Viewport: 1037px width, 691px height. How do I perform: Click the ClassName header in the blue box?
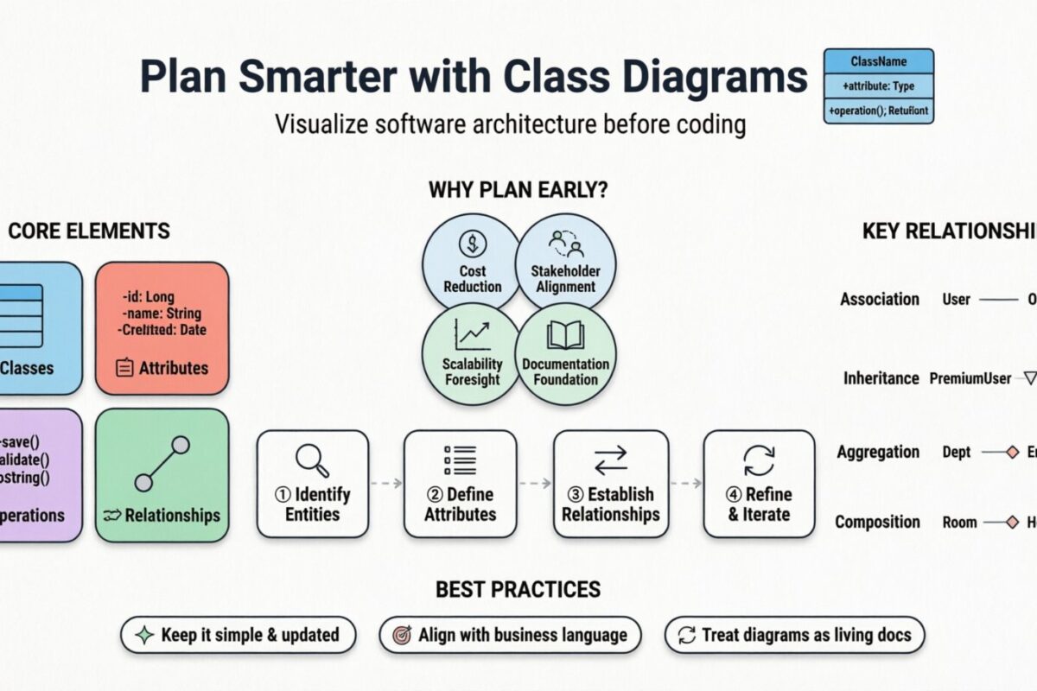878,61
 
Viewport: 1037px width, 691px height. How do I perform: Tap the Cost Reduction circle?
472,263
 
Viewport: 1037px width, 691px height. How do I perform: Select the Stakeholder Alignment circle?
565,263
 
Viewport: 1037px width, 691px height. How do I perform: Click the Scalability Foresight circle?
472,355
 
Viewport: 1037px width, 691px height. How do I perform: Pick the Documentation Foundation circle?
565,355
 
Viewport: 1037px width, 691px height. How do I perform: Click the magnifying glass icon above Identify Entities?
312,460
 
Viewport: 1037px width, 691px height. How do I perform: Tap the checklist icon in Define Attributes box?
460,460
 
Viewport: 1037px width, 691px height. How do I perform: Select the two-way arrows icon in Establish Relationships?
610,460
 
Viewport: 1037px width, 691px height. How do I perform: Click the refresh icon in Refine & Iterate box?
759,460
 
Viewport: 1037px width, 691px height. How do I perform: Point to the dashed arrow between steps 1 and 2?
385,484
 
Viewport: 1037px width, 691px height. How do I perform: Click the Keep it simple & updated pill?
238,635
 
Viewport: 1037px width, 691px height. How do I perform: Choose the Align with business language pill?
510,635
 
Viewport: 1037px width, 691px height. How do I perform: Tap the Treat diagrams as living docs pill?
794,635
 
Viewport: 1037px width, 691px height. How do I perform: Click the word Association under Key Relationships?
879,299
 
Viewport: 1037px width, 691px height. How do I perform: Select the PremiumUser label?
970,378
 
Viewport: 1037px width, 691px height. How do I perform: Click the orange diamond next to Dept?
1012,452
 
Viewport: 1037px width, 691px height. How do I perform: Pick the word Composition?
877,522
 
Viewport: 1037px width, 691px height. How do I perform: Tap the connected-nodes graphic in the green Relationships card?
162,464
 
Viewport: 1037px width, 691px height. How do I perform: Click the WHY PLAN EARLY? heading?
518,190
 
